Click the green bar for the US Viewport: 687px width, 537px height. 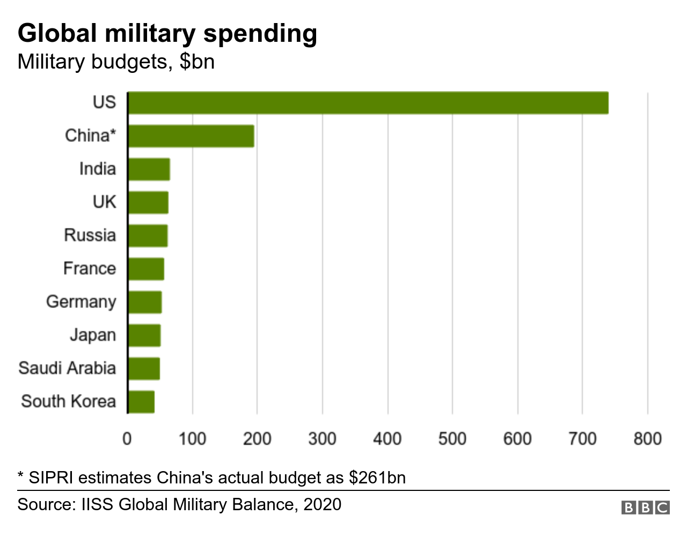click(x=368, y=103)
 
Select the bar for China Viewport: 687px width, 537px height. click(x=191, y=136)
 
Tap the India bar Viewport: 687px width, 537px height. click(x=149, y=169)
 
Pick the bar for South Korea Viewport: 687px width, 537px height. click(x=141, y=402)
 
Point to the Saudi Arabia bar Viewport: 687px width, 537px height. click(x=144, y=369)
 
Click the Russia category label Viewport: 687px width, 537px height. click(x=90, y=235)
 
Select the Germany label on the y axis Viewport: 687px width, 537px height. click(x=81, y=302)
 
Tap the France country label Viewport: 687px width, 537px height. click(x=89, y=268)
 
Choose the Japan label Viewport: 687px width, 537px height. click(x=93, y=335)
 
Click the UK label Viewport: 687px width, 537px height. click(x=104, y=202)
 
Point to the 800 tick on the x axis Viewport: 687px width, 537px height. click(x=647, y=439)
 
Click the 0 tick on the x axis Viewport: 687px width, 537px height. click(x=127, y=439)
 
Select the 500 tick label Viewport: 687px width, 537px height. click(x=452, y=439)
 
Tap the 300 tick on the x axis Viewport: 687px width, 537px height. click(x=322, y=439)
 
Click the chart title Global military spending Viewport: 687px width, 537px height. click(x=167, y=33)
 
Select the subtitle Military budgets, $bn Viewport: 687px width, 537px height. click(x=116, y=62)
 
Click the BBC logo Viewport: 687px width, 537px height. click(x=645, y=508)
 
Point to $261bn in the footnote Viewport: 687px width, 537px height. click(x=377, y=478)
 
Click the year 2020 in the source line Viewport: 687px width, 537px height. click(x=322, y=505)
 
